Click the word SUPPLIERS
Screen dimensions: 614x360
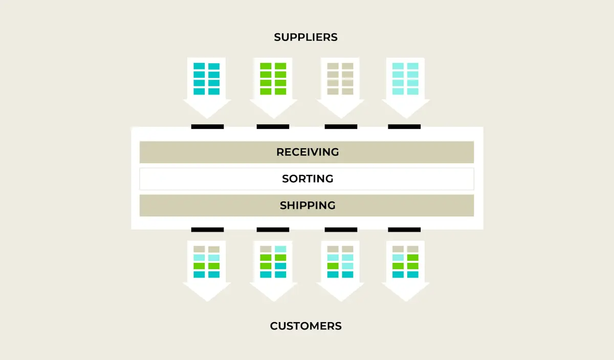point(305,37)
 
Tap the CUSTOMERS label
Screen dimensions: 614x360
point(305,326)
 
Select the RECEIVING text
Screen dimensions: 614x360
point(308,152)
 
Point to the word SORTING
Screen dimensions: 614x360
point(308,179)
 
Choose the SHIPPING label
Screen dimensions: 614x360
point(308,206)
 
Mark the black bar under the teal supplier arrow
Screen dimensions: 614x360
point(207,126)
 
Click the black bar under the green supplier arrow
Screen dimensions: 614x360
point(273,126)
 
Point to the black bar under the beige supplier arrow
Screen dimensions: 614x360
point(341,126)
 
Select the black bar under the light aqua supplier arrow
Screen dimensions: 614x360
point(404,126)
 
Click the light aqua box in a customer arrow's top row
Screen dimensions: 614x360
point(280,249)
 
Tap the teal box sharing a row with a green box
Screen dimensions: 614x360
point(280,266)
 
